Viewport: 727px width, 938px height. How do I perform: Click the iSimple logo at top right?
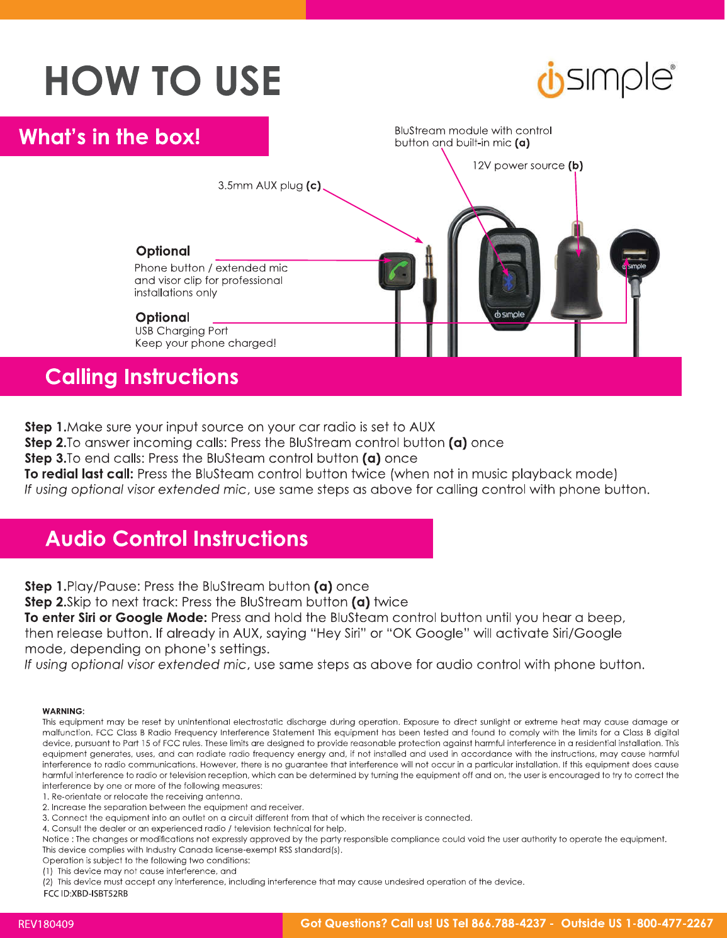coord(606,80)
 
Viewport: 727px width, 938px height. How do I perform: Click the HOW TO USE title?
coord(162,81)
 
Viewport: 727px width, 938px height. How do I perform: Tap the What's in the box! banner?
coord(110,137)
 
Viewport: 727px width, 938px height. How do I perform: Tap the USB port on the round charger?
coord(634,254)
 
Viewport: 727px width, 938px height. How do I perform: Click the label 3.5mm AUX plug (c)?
coord(269,186)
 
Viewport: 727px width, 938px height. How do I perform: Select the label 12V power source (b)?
coord(527,166)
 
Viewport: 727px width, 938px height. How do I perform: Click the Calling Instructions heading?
coord(142,376)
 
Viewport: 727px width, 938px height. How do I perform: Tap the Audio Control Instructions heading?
coord(177,539)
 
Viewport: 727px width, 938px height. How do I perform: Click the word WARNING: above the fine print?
coord(63,711)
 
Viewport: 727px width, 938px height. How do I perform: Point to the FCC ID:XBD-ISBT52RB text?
coord(86,893)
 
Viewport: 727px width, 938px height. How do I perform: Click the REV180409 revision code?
coord(46,924)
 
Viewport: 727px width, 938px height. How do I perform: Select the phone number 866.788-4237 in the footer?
coord(509,924)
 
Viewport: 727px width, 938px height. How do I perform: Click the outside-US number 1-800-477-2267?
coord(669,924)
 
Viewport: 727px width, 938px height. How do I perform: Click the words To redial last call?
coord(79,474)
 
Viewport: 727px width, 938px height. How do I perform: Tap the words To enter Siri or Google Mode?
coord(116,618)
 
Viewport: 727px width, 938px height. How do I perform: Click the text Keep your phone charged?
coord(205,343)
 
